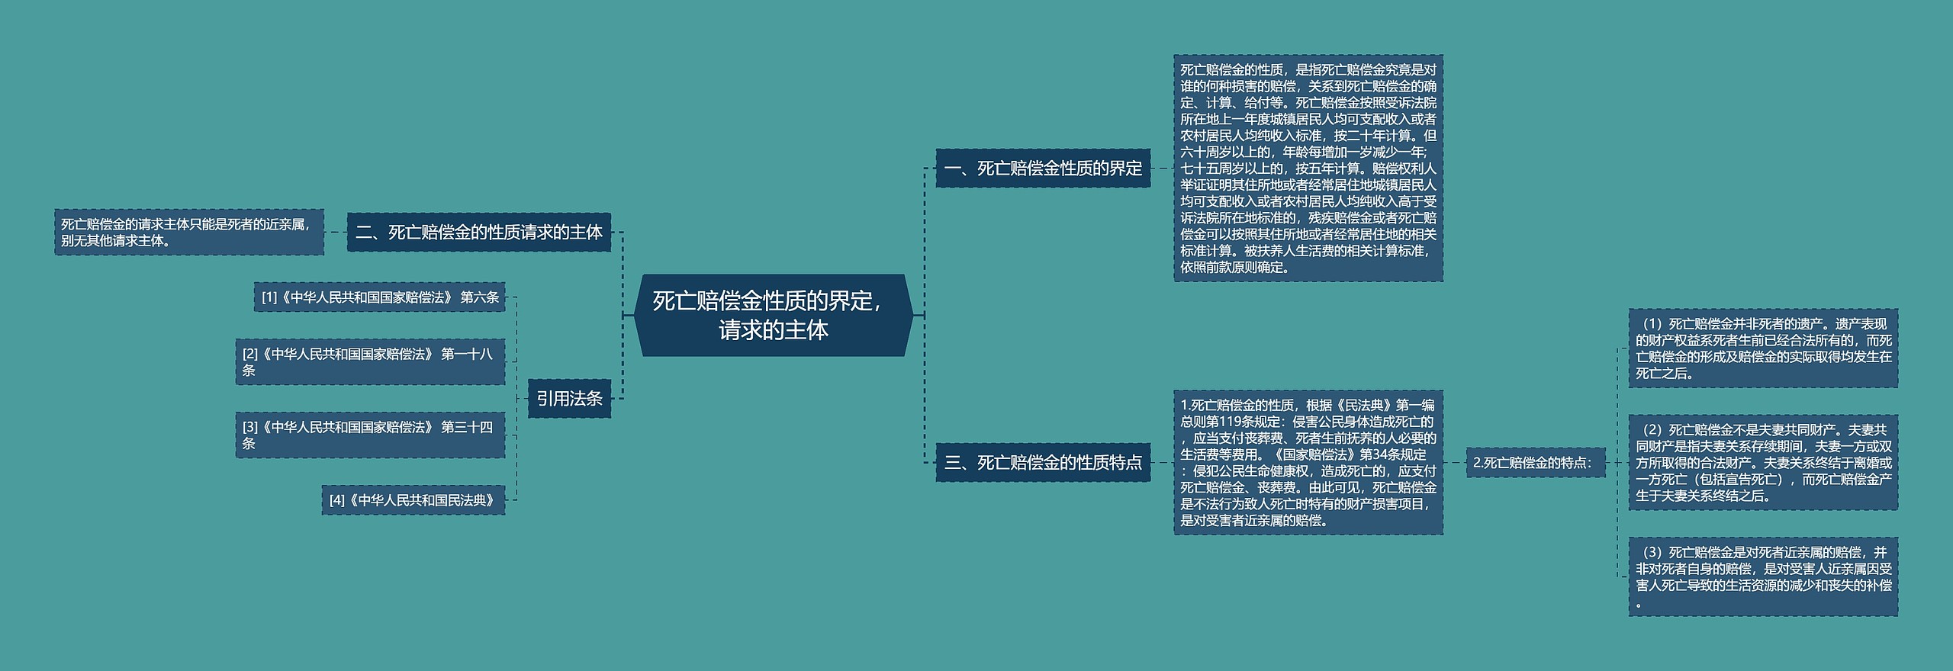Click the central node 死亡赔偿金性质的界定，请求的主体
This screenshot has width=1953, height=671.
point(773,315)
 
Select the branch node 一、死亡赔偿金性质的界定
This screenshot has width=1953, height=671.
point(1042,169)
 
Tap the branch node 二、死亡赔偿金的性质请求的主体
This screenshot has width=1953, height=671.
point(478,233)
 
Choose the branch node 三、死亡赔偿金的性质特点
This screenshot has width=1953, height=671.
point(1042,462)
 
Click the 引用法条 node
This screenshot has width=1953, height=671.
point(569,398)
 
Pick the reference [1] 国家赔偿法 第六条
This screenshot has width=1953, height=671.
point(379,297)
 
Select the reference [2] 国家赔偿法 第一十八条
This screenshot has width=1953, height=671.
point(369,361)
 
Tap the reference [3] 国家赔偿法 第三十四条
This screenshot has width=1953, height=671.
point(369,435)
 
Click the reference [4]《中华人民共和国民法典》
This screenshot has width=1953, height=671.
point(413,500)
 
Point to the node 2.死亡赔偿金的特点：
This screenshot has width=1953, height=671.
point(1535,462)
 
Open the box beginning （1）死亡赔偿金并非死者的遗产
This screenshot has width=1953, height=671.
point(1762,348)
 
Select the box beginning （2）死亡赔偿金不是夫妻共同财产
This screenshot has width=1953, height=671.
point(1762,462)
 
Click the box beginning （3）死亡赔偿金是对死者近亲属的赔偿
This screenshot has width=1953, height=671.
point(1762,577)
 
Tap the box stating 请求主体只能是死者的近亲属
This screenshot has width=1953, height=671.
point(188,233)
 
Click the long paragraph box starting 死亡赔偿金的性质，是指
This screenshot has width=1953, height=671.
point(1308,168)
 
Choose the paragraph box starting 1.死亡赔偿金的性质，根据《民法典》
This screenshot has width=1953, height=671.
point(1308,462)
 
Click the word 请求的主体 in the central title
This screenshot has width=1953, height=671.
point(773,330)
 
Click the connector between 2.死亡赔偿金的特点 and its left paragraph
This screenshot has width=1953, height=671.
point(1454,462)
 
